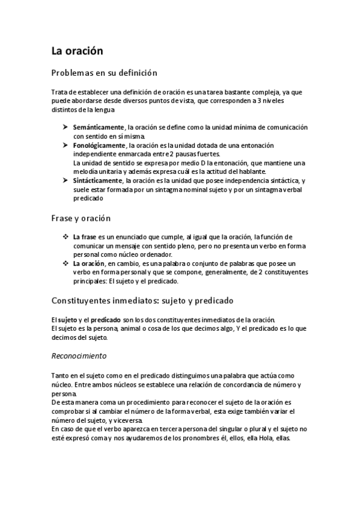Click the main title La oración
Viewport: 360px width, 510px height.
(x=78, y=51)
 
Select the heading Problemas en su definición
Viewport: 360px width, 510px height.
(x=104, y=73)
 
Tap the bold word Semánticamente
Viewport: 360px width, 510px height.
(x=98, y=127)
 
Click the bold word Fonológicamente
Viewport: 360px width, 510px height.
(x=99, y=145)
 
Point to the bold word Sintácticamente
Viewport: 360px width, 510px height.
(x=98, y=180)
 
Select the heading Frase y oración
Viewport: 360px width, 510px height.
(x=81, y=218)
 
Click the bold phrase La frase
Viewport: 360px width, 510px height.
(x=84, y=237)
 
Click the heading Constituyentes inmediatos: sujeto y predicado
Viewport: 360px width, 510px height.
(x=142, y=300)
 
